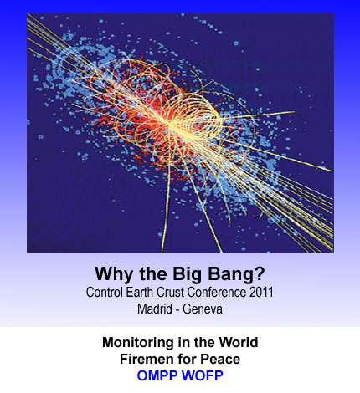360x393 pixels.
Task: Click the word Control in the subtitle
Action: click(x=105, y=293)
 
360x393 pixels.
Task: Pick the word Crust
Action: click(x=170, y=293)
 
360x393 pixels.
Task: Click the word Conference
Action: click(x=217, y=293)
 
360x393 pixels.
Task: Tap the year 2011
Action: click(x=261, y=293)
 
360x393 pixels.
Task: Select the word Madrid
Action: click(x=155, y=309)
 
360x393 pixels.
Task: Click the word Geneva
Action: click(x=203, y=309)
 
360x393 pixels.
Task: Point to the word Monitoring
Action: click(x=138, y=343)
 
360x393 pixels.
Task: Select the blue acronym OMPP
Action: click(x=157, y=375)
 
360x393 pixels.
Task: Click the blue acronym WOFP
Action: click(x=202, y=375)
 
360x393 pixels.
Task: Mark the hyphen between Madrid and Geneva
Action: click(x=177, y=310)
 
